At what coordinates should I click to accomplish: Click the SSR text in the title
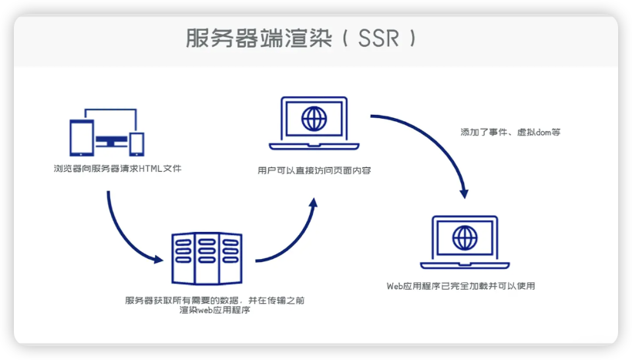tap(378, 39)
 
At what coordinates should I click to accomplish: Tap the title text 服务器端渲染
tap(259, 39)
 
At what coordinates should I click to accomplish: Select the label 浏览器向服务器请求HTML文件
tap(118, 169)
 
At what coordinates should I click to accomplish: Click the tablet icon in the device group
tap(82, 137)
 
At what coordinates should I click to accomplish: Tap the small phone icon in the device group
tap(136, 144)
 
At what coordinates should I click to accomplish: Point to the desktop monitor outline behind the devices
tap(110, 109)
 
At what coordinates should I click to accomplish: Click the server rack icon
tap(207, 258)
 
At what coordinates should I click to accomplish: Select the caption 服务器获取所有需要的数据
tap(181, 301)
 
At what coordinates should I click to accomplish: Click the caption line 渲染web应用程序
tap(215, 310)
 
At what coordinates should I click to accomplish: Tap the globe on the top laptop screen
tap(314, 119)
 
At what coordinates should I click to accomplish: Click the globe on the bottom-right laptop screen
tap(465, 238)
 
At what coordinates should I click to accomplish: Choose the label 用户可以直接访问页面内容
tap(314, 170)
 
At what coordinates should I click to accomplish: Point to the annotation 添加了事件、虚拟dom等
tap(510, 133)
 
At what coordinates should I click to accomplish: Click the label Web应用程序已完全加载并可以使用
tap(461, 286)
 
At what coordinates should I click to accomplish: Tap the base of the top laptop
tap(314, 146)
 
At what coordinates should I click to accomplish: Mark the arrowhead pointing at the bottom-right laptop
tap(464, 193)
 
